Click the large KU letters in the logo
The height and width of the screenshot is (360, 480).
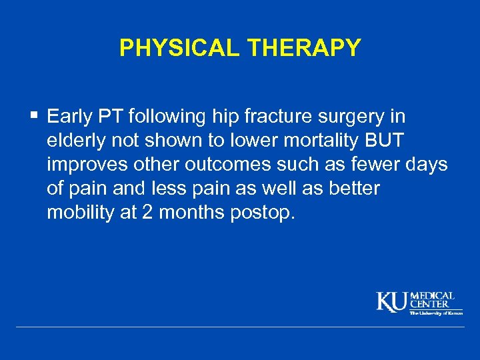pyautogui.click(x=392, y=302)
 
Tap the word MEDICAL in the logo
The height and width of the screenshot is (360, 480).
pyautogui.click(x=432, y=295)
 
